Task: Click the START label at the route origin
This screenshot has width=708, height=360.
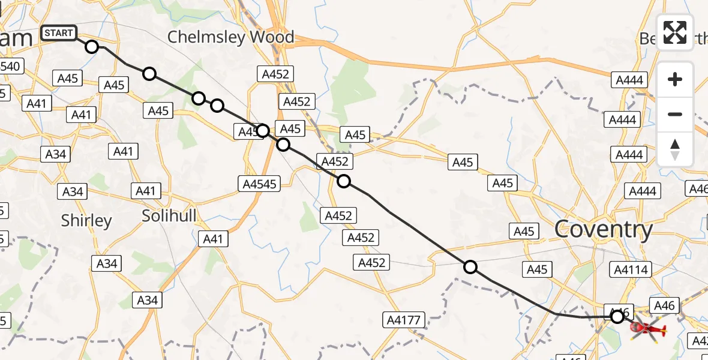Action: point(58,33)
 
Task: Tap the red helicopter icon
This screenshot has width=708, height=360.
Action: point(647,329)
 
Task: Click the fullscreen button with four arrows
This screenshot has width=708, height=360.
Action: point(675,32)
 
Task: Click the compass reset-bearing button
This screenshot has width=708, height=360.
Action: point(675,149)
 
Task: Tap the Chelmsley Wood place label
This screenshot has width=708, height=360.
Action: point(230,37)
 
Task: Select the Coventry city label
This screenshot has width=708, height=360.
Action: point(603,230)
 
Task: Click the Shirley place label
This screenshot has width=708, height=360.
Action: point(86,221)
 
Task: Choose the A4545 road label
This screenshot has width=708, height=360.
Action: point(260,184)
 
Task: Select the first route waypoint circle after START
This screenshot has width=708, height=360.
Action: point(91,46)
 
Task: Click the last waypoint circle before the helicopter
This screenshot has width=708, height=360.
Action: point(617,316)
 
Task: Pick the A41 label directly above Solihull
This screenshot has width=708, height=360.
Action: point(145,191)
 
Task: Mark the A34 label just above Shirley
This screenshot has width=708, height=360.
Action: point(73,191)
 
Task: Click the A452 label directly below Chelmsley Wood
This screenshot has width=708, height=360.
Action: point(275,74)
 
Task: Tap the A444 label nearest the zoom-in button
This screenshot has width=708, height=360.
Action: point(629,80)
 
